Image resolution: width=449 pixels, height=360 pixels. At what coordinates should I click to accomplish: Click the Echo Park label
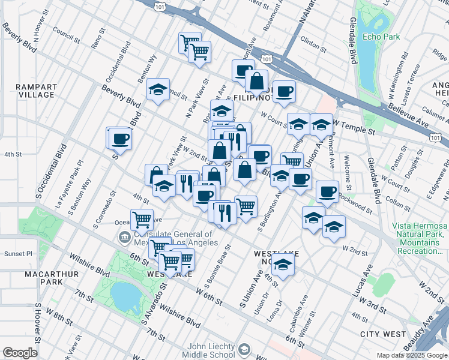pos(381,37)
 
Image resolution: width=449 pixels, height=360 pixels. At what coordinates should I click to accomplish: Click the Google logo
pos(20,353)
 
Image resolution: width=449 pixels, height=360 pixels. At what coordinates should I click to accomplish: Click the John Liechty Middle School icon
pos(244,349)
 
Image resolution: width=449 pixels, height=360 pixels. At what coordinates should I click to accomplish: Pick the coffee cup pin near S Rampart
pos(119,139)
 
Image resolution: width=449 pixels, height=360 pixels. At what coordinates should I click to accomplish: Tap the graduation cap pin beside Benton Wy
pos(158,90)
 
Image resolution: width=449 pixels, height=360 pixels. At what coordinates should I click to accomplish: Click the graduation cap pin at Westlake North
pos(283,263)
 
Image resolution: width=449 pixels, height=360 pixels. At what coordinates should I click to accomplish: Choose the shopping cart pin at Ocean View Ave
pos(142,220)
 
